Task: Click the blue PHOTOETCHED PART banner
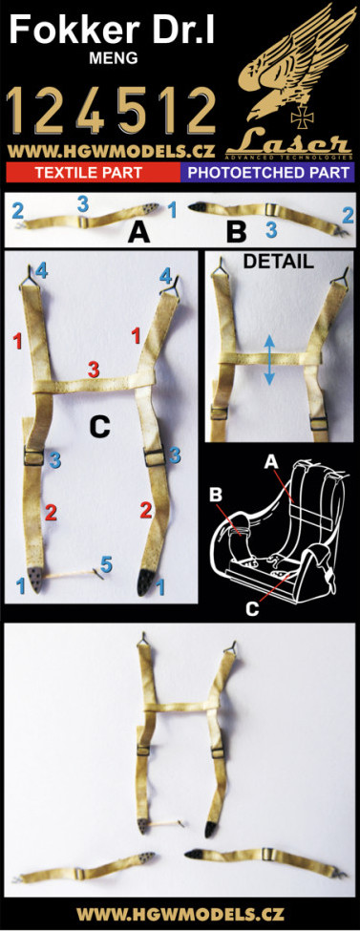268,173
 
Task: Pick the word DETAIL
279,262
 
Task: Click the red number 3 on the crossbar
94,369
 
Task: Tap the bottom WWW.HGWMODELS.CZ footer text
180,913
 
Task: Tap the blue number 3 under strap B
270,230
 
